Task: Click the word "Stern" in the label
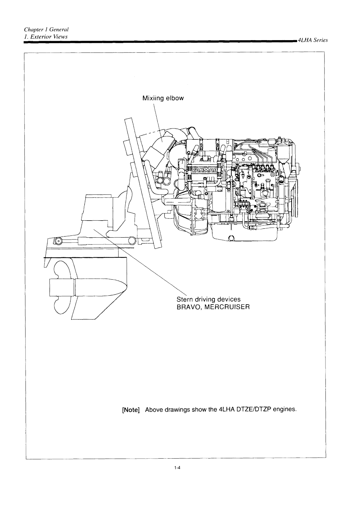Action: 185,299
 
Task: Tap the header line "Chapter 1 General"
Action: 46,30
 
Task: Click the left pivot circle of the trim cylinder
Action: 58,240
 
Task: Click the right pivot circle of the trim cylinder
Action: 131,240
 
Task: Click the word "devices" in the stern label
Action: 229,299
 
